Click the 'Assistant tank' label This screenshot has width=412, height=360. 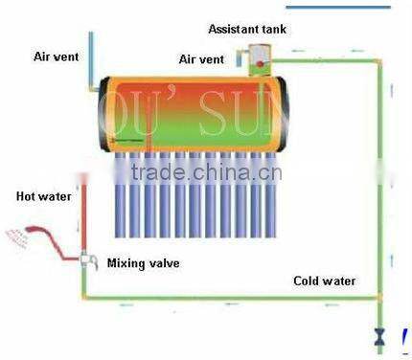tap(247, 29)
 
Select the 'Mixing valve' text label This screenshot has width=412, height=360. tap(143, 262)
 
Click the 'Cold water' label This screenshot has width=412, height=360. tap(324, 281)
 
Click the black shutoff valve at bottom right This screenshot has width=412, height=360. tap(380, 336)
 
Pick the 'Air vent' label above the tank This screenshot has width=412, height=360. tap(201, 59)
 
